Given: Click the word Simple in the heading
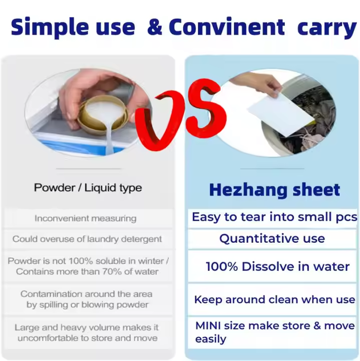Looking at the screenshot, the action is pos(50,28).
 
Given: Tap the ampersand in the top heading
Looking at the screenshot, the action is pos(155,27).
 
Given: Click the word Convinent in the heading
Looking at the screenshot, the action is pos(227,27).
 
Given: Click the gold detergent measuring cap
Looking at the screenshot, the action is pos(102,115).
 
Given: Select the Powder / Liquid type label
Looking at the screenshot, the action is pos(88,188).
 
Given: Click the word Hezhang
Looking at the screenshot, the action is pos(248,191).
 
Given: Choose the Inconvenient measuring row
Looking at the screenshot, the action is pos(86,218).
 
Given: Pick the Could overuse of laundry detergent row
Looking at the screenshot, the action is pos(87,239).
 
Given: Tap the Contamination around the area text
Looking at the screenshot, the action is pos(87,294).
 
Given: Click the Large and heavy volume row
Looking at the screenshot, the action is pos(87,333).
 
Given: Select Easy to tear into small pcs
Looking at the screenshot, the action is pos(274,217).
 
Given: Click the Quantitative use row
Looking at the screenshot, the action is pos(272,239).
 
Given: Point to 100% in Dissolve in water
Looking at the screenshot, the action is pos(222,267).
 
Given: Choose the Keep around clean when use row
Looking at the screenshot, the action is pos(275,299).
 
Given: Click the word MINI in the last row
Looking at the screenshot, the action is pos(208,326).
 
